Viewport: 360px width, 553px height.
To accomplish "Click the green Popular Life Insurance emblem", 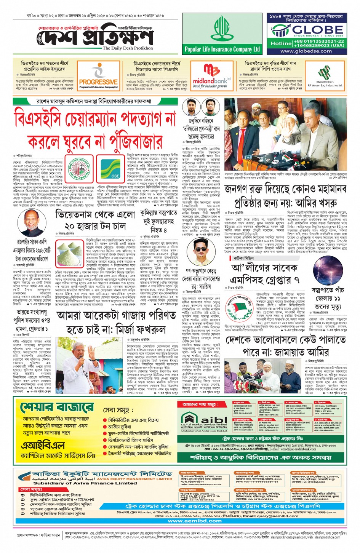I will [222, 29].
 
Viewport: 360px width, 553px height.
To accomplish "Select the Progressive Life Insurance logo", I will [98, 76].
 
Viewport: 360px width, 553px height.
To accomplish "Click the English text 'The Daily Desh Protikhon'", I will [128, 48].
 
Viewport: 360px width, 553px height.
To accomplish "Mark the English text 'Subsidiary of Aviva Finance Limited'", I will [85, 483].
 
